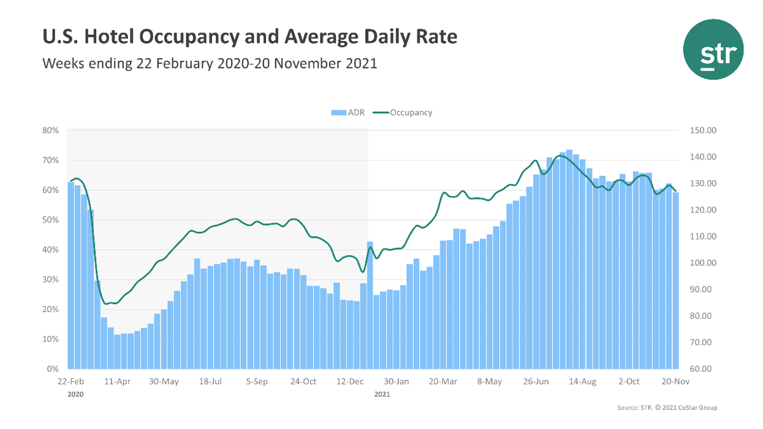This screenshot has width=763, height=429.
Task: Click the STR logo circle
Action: point(713,49)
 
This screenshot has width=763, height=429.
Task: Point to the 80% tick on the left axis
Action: point(50,131)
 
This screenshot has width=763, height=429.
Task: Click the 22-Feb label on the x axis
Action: point(70,382)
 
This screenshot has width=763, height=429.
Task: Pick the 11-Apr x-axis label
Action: point(118,382)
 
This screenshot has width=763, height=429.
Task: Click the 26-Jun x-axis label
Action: point(536,382)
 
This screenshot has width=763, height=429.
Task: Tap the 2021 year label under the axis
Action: point(382,395)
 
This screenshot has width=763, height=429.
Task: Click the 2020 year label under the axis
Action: point(75,395)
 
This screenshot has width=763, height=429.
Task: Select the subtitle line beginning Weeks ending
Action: point(209,63)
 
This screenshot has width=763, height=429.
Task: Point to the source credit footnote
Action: point(667,408)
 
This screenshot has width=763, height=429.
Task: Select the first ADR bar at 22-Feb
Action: point(70,275)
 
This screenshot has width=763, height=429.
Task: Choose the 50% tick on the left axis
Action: point(50,220)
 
